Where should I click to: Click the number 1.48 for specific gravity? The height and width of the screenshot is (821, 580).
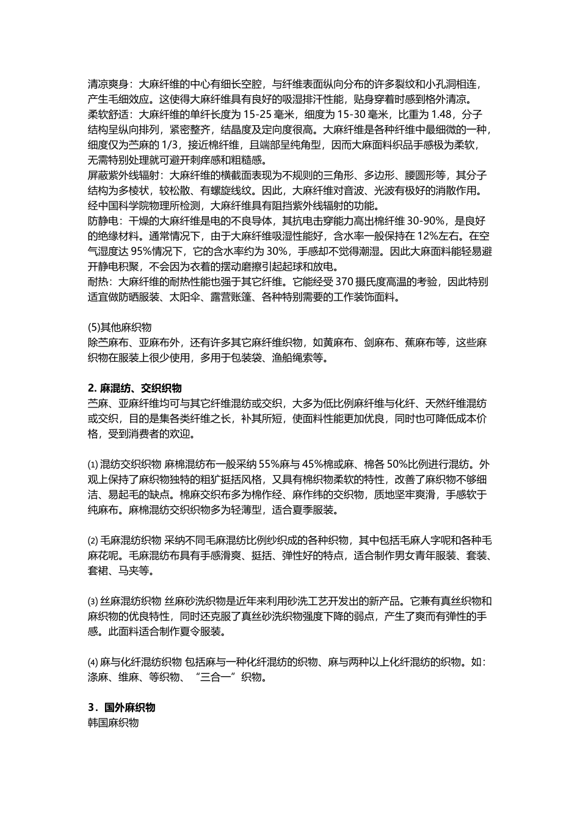coord(443,114)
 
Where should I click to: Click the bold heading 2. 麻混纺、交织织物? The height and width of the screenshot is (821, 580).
coord(135,388)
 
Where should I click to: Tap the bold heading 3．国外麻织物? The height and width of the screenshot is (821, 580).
coord(121,707)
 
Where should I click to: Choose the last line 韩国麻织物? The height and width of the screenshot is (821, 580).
coord(114,723)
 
